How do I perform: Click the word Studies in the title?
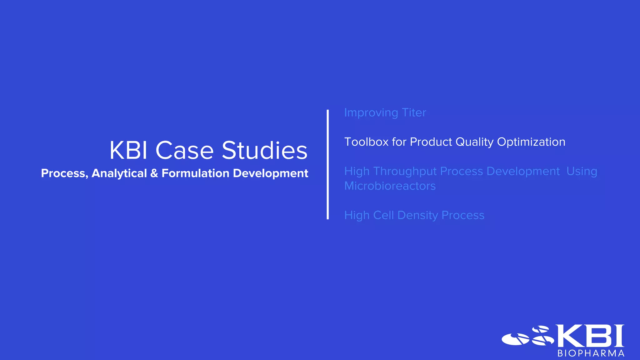click(x=264, y=151)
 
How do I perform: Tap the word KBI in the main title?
click(x=128, y=151)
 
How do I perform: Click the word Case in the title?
click(x=184, y=151)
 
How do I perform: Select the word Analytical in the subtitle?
click(x=119, y=173)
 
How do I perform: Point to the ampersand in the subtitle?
click(x=154, y=173)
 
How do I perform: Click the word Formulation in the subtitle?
click(x=195, y=173)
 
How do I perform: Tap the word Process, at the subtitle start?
click(x=64, y=173)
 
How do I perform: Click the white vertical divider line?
click(x=327, y=164)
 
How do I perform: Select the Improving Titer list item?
click(x=385, y=113)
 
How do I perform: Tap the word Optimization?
click(x=531, y=142)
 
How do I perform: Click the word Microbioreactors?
click(x=390, y=186)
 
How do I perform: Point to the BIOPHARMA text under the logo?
click(x=591, y=353)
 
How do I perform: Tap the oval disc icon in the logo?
click(x=516, y=339)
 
